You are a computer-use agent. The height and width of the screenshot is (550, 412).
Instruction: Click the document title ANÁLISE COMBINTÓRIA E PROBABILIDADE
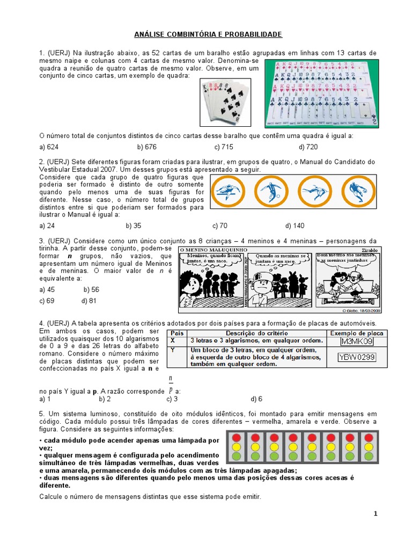(x=208, y=34)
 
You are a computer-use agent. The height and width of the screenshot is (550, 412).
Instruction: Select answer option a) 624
(x=49, y=147)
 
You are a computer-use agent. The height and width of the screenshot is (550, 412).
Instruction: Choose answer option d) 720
(x=308, y=147)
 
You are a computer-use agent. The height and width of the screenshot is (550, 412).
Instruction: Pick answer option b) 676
(x=146, y=147)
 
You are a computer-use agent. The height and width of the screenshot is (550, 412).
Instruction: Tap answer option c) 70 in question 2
(x=220, y=226)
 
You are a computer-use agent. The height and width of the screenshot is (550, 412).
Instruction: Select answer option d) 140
(x=295, y=226)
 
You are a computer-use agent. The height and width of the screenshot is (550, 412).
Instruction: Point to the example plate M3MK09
(x=357, y=342)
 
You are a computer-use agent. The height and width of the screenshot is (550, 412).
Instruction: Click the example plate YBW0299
(x=357, y=357)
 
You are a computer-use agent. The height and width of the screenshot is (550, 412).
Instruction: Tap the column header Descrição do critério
(x=255, y=333)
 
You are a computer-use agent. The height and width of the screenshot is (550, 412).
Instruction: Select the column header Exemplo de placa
(x=357, y=333)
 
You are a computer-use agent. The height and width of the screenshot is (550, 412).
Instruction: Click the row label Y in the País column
(x=173, y=349)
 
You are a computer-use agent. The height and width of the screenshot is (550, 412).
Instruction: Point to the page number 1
(x=376, y=514)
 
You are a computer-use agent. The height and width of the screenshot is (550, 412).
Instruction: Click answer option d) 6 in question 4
(x=256, y=399)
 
